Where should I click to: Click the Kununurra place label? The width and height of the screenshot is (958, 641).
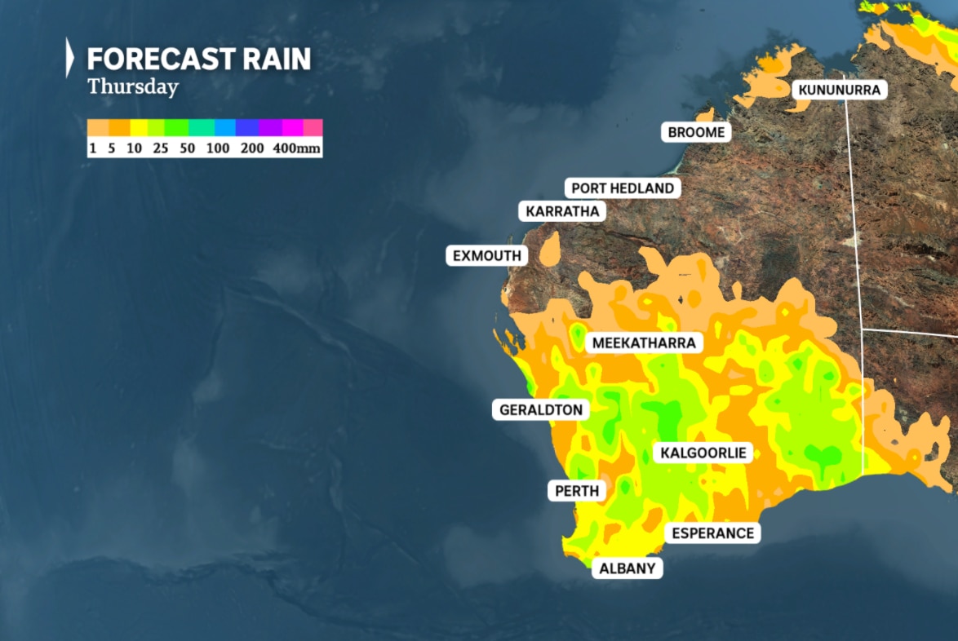(x=840, y=90)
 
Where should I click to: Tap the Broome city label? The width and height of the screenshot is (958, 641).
(x=695, y=132)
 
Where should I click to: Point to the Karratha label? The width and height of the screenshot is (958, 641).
(x=562, y=212)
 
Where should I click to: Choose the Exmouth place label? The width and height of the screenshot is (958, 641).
(x=486, y=256)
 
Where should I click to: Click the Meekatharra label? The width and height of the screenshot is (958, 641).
(x=644, y=343)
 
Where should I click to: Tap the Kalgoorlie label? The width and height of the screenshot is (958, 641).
(x=703, y=453)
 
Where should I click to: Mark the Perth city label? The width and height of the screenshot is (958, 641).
(x=577, y=491)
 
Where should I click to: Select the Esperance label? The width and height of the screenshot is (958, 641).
(x=712, y=533)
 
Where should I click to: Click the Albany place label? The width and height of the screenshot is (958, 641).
(x=627, y=568)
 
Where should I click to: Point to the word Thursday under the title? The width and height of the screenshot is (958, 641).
(x=133, y=86)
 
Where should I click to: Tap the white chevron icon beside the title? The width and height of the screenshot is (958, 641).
(x=70, y=58)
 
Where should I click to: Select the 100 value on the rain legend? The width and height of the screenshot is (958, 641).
(x=218, y=149)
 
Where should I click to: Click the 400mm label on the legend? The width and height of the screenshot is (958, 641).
(x=297, y=149)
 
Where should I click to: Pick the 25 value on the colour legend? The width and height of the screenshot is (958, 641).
(x=161, y=149)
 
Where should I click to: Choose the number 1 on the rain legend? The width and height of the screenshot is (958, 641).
(x=92, y=149)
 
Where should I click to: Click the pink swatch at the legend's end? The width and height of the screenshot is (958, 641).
(x=313, y=127)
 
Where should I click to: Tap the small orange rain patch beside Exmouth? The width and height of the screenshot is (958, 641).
(x=550, y=248)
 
